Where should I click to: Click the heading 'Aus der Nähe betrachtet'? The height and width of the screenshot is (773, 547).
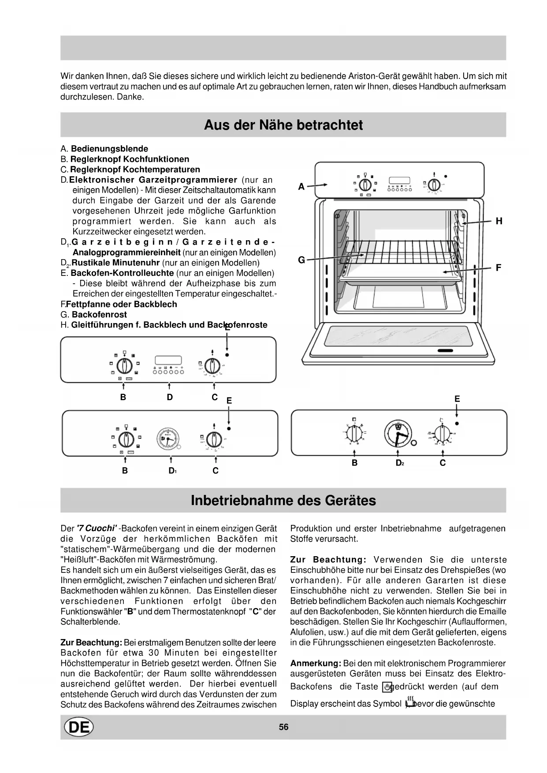283,125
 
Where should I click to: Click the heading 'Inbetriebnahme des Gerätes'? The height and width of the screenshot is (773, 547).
283,501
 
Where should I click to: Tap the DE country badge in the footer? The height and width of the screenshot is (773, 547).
79,727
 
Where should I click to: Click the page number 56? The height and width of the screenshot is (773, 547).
283,727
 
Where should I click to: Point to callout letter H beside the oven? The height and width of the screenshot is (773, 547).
499,221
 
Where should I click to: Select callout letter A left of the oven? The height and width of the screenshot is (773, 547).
301,187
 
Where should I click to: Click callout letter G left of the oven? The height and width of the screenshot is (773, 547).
301,260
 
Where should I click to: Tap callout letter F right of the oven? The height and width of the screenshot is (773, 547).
499,268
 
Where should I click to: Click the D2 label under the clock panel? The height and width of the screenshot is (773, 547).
400,463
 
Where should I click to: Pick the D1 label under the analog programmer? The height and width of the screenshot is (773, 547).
172,471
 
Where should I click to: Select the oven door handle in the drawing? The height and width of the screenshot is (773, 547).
445,351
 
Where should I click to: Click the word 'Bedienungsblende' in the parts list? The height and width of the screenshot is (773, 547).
109,149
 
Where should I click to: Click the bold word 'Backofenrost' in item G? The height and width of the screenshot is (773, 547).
99,315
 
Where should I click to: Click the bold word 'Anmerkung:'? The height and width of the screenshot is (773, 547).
316,663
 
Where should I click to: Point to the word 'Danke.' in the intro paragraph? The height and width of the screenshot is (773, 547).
130,97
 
